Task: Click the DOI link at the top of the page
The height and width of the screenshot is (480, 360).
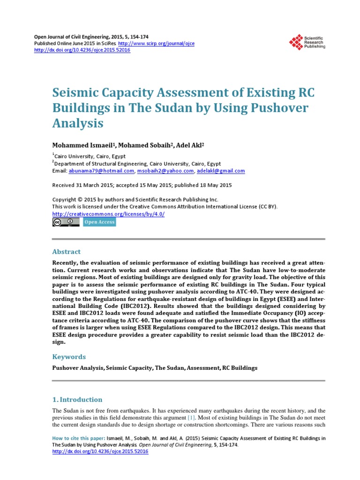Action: [83, 50]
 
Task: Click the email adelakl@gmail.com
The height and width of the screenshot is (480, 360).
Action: [221, 171]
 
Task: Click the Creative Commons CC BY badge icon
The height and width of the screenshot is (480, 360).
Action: [66, 222]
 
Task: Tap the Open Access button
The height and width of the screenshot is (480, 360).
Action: [99, 222]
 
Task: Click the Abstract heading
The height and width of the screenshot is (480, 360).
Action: [66, 252]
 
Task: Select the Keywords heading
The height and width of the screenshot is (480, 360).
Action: [68, 356]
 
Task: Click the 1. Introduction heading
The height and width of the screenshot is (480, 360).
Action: [77, 400]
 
